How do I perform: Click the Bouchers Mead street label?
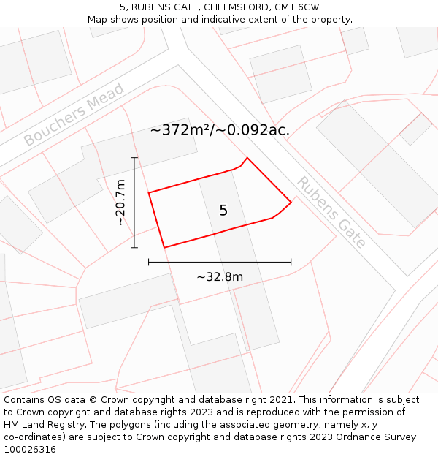74,115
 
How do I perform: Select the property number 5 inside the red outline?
223,211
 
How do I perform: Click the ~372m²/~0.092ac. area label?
220,130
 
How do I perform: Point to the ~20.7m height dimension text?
120,203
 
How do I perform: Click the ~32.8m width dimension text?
220,276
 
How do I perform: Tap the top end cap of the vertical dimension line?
134,157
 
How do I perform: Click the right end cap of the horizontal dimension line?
291,261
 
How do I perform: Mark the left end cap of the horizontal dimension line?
149,261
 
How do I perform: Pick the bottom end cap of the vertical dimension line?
134,247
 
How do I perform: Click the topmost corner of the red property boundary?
247,158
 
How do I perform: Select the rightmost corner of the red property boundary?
291,203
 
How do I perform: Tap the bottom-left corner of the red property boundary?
164,247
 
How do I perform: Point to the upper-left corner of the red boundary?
149,193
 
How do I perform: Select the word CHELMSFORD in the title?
231,7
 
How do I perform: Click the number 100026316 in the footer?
30,449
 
